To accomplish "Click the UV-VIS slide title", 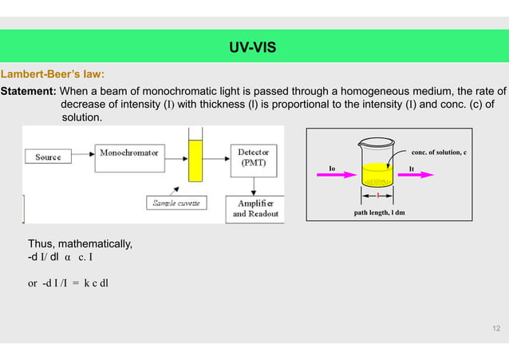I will (x=253, y=48).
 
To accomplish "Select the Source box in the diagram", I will (x=48, y=157).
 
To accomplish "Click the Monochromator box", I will (x=128, y=152).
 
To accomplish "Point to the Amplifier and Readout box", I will (x=255, y=208).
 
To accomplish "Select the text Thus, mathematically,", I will (x=74, y=243).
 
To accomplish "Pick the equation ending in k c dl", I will (x=69, y=282).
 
